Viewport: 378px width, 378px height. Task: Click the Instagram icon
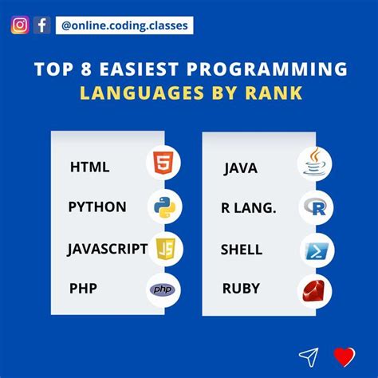tap(19, 25)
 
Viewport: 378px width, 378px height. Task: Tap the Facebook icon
tap(41, 25)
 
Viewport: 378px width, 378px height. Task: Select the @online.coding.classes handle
tap(124, 26)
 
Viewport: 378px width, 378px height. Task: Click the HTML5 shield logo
tap(163, 165)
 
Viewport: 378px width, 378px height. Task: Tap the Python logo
tap(163, 207)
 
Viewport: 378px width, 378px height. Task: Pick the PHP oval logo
tap(163, 289)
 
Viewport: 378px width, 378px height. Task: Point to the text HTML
tap(89, 167)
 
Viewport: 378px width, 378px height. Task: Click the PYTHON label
tap(97, 207)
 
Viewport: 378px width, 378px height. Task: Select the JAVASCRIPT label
tap(107, 249)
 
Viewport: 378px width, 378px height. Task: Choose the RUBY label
tap(241, 289)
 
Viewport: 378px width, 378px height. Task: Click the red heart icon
tap(344, 356)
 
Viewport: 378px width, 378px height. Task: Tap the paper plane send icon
tap(309, 356)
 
